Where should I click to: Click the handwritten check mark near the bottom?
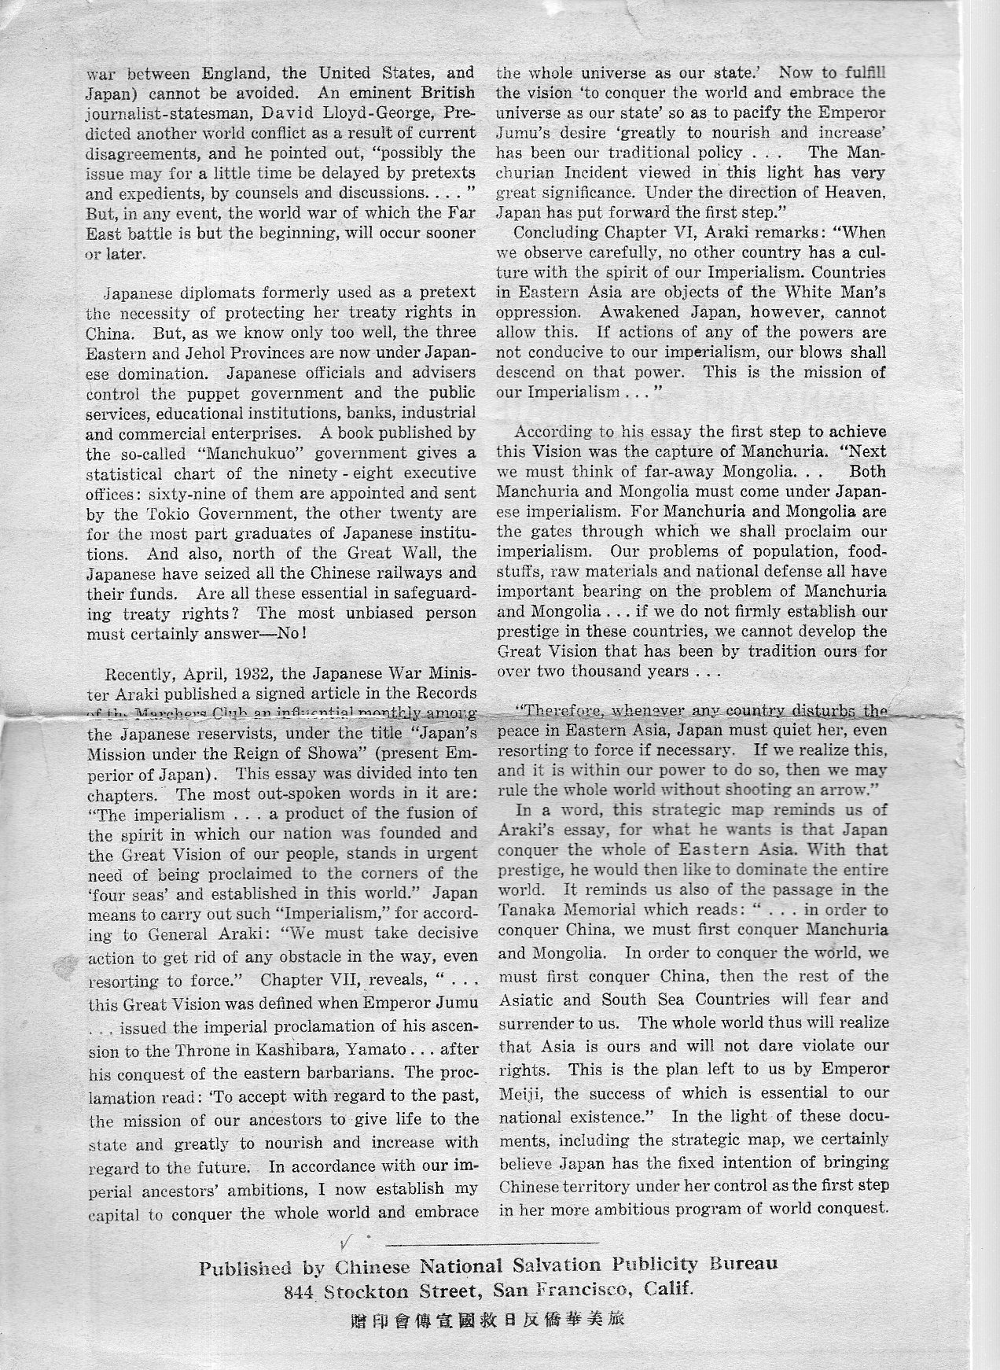click(x=344, y=1241)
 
